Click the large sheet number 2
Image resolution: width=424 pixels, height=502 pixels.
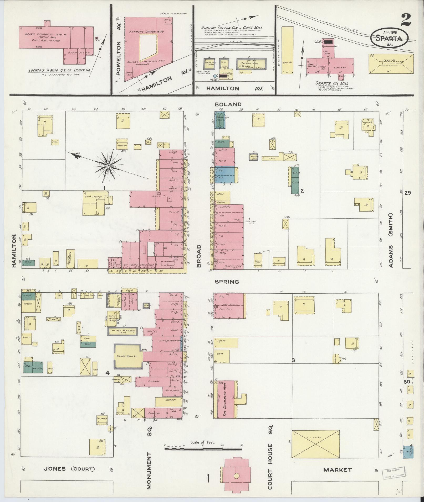point(406,20)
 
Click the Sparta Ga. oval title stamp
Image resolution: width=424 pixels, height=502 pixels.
point(390,38)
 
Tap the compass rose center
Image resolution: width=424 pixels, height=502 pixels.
point(108,166)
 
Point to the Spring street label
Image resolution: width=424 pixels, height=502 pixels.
point(223,282)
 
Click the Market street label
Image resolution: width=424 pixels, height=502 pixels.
point(337,470)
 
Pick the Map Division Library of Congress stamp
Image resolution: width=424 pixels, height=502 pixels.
point(393,472)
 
